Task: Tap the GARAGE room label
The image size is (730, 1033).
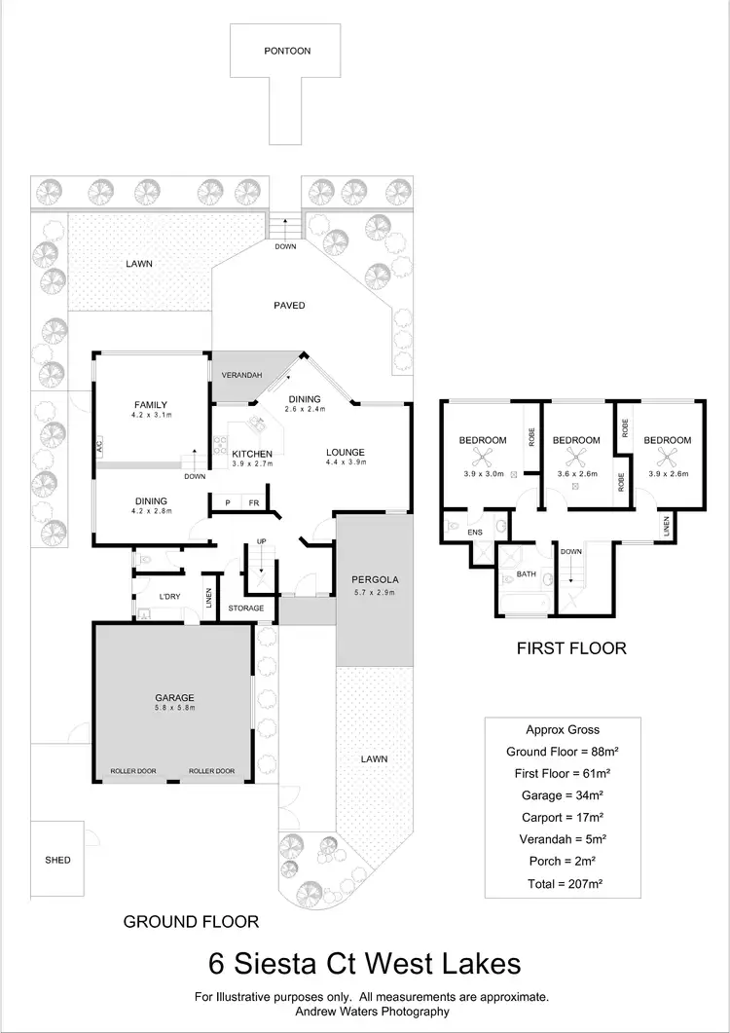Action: (x=175, y=697)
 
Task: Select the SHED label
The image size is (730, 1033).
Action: (x=57, y=860)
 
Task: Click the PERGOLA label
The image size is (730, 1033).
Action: (x=375, y=580)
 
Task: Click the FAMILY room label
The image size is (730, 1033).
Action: (x=150, y=405)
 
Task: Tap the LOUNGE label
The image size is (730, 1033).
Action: (x=345, y=452)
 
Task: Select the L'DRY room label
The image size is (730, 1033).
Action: (x=158, y=594)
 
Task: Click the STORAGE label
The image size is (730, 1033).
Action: (x=246, y=609)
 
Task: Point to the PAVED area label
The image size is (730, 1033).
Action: (x=289, y=306)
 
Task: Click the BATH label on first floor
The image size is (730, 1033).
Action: (x=527, y=574)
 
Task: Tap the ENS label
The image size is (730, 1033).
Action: (x=475, y=533)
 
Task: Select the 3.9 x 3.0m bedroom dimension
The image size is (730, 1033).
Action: (x=484, y=474)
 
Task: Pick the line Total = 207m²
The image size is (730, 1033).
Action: (x=552, y=886)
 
